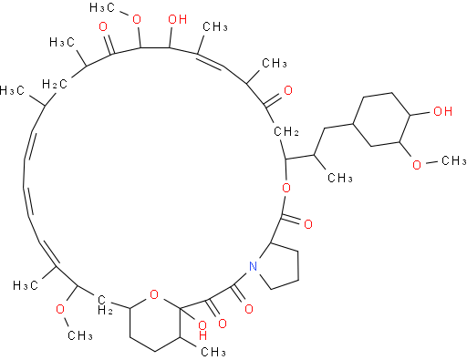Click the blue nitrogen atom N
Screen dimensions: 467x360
(253, 266)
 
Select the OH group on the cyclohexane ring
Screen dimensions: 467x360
(442, 111)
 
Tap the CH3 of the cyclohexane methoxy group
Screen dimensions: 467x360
(453, 160)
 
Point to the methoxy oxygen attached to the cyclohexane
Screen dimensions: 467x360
(417, 165)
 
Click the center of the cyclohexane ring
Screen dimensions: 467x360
(381, 119)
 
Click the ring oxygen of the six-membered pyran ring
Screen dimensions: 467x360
(154, 294)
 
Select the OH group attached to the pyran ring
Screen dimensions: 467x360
(202, 330)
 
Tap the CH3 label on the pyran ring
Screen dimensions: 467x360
(213, 352)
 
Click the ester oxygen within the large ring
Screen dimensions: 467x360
(286, 188)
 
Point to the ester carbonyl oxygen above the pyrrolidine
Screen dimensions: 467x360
(308, 224)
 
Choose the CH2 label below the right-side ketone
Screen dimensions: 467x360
(286, 132)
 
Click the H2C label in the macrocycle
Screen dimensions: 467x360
(55, 84)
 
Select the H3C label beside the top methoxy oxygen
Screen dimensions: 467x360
(102, 8)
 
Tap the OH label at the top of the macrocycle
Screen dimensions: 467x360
(178, 19)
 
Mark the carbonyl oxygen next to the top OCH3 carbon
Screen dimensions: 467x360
(103, 26)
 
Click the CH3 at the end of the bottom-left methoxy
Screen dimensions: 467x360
(80, 335)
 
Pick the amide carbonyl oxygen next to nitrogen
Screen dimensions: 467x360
(249, 309)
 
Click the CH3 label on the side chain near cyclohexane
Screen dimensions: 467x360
(340, 178)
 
